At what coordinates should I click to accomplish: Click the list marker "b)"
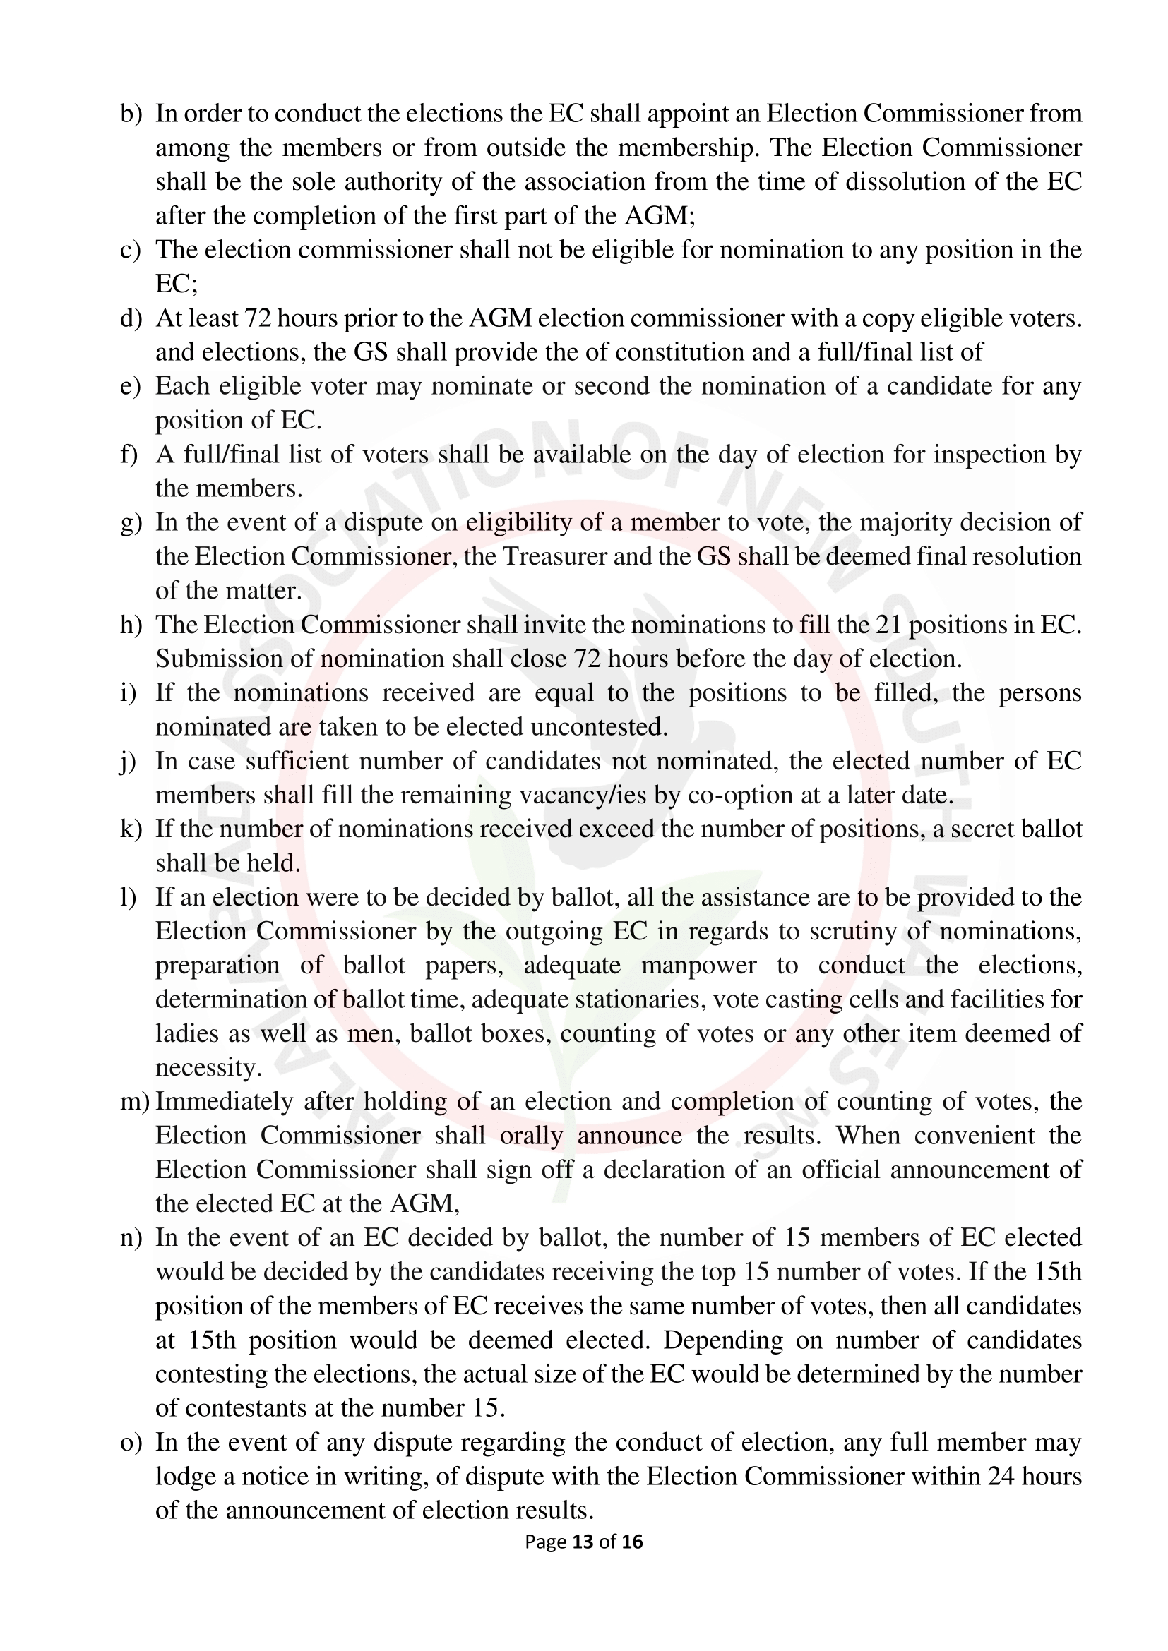click(x=131, y=114)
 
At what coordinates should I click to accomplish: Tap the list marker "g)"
click(x=131, y=523)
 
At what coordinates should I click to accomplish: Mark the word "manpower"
click(x=698, y=966)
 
